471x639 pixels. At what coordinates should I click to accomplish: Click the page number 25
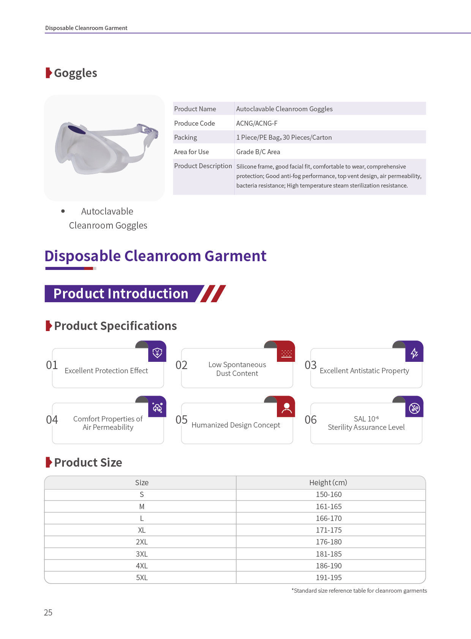(48, 612)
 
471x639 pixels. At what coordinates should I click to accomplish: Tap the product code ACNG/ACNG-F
(257, 123)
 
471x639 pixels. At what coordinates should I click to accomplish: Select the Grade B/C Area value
(258, 152)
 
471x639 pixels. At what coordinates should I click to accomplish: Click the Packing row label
(185, 137)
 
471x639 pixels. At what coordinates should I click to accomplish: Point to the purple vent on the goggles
(77, 129)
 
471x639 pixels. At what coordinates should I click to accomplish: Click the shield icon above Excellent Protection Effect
(157, 353)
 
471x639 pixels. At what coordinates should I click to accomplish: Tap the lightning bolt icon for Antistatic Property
(414, 353)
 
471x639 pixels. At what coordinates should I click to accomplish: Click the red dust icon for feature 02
(286, 353)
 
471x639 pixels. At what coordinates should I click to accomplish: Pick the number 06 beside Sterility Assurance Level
(311, 420)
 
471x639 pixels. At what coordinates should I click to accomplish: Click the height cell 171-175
(329, 530)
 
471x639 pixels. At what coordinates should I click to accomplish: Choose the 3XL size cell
(142, 554)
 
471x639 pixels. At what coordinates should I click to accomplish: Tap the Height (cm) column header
(328, 483)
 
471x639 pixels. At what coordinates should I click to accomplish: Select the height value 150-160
(329, 494)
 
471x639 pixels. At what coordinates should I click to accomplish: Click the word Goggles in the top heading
(76, 73)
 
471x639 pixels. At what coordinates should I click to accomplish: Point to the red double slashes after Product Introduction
(213, 293)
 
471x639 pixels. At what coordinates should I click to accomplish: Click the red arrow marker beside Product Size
(49, 462)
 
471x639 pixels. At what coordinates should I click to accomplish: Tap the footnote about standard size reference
(359, 591)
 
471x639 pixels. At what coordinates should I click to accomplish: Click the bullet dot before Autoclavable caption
(63, 211)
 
